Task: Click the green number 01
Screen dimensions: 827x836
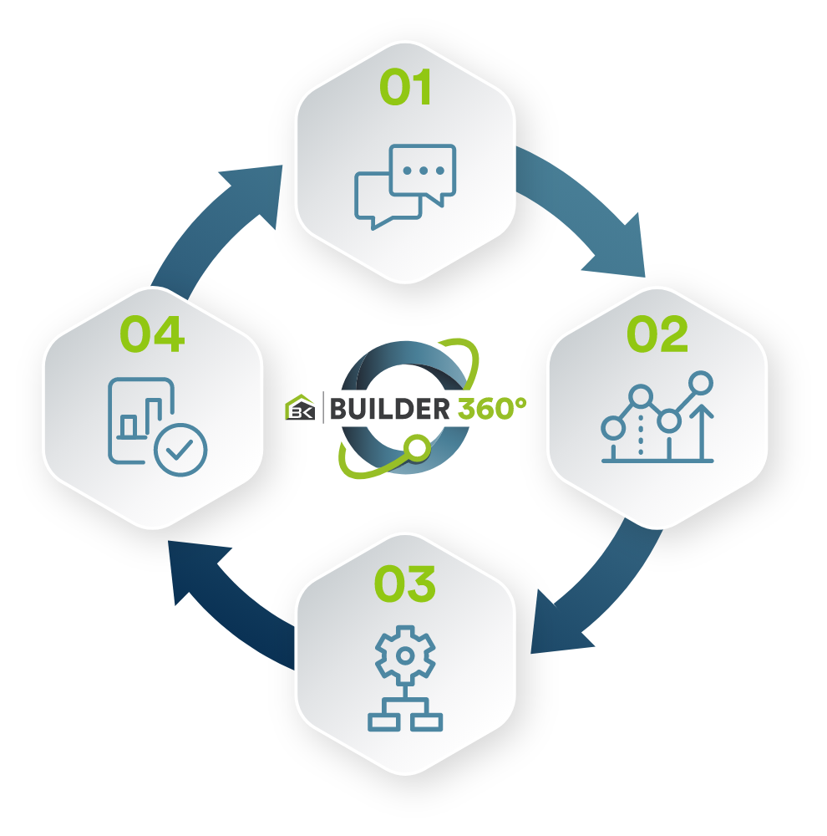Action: tap(405, 87)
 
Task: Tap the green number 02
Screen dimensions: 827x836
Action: tap(657, 334)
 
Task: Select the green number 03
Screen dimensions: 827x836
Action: tap(405, 584)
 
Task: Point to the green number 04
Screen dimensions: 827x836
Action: tap(152, 334)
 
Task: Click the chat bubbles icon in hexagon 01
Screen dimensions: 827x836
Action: tap(405, 186)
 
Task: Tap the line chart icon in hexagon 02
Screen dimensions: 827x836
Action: tap(657, 416)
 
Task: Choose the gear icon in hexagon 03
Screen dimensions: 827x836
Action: tap(405, 655)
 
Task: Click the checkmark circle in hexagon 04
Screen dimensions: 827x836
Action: tap(180, 450)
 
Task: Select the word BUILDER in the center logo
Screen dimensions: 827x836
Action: tap(389, 409)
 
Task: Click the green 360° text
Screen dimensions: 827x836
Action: tap(492, 409)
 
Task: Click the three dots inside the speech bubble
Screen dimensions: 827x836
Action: tap(423, 171)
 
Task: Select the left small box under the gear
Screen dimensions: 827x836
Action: tap(383, 722)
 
